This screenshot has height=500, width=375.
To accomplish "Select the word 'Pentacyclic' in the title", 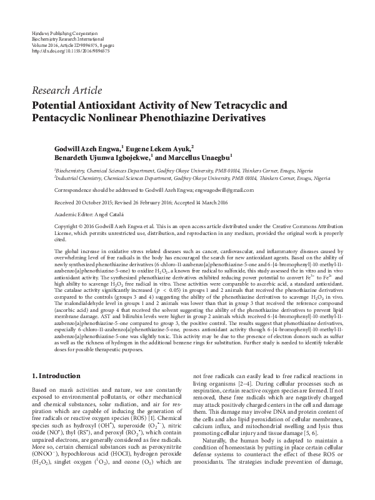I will [x=64, y=117].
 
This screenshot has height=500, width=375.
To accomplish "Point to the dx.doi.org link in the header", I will [x=69, y=51].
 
